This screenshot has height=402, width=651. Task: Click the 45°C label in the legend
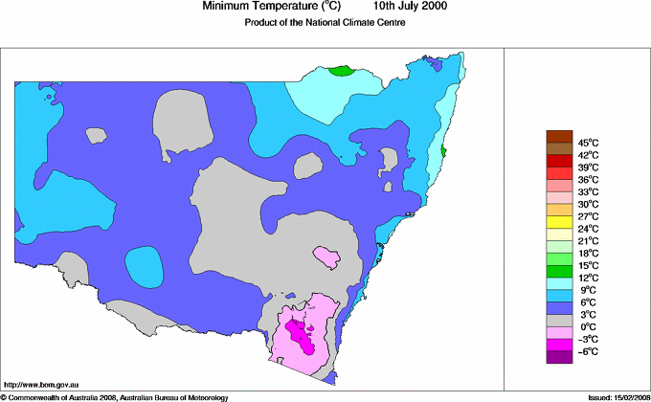point(587,142)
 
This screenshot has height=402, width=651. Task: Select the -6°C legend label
point(587,352)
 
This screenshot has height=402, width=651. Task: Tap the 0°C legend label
point(587,327)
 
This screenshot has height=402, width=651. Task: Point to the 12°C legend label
point(587,278)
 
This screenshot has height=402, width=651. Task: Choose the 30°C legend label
point(587,204)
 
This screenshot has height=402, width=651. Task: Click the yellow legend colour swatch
point(558,216)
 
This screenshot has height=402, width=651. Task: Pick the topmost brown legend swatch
point(558,136)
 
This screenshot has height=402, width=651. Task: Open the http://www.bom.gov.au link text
point(39,382)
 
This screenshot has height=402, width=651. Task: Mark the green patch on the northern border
point(341,71)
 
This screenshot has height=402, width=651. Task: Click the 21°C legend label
point(587,241)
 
